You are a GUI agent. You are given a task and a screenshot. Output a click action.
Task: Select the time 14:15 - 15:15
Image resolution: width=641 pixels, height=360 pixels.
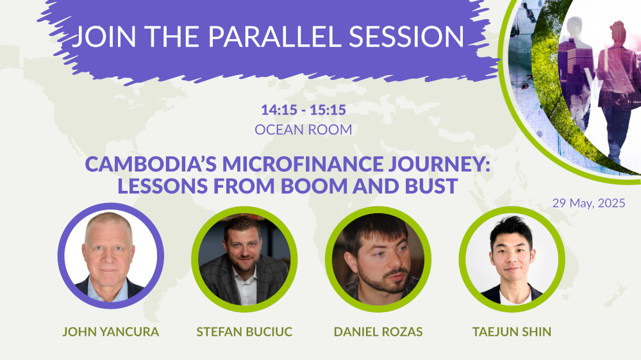303,110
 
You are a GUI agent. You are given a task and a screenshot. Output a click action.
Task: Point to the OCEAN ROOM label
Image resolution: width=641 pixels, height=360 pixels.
303,129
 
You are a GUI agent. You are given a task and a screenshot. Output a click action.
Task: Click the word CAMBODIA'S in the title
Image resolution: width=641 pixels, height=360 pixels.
149,165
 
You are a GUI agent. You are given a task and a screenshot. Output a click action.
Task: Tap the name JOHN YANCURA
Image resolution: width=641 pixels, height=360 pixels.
110,332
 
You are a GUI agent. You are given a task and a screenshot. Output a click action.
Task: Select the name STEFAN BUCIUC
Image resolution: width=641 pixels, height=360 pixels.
244,332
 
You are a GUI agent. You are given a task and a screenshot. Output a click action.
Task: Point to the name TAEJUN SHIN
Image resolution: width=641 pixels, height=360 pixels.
510,332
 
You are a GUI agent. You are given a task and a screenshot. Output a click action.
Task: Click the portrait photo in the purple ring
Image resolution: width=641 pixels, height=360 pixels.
110,256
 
